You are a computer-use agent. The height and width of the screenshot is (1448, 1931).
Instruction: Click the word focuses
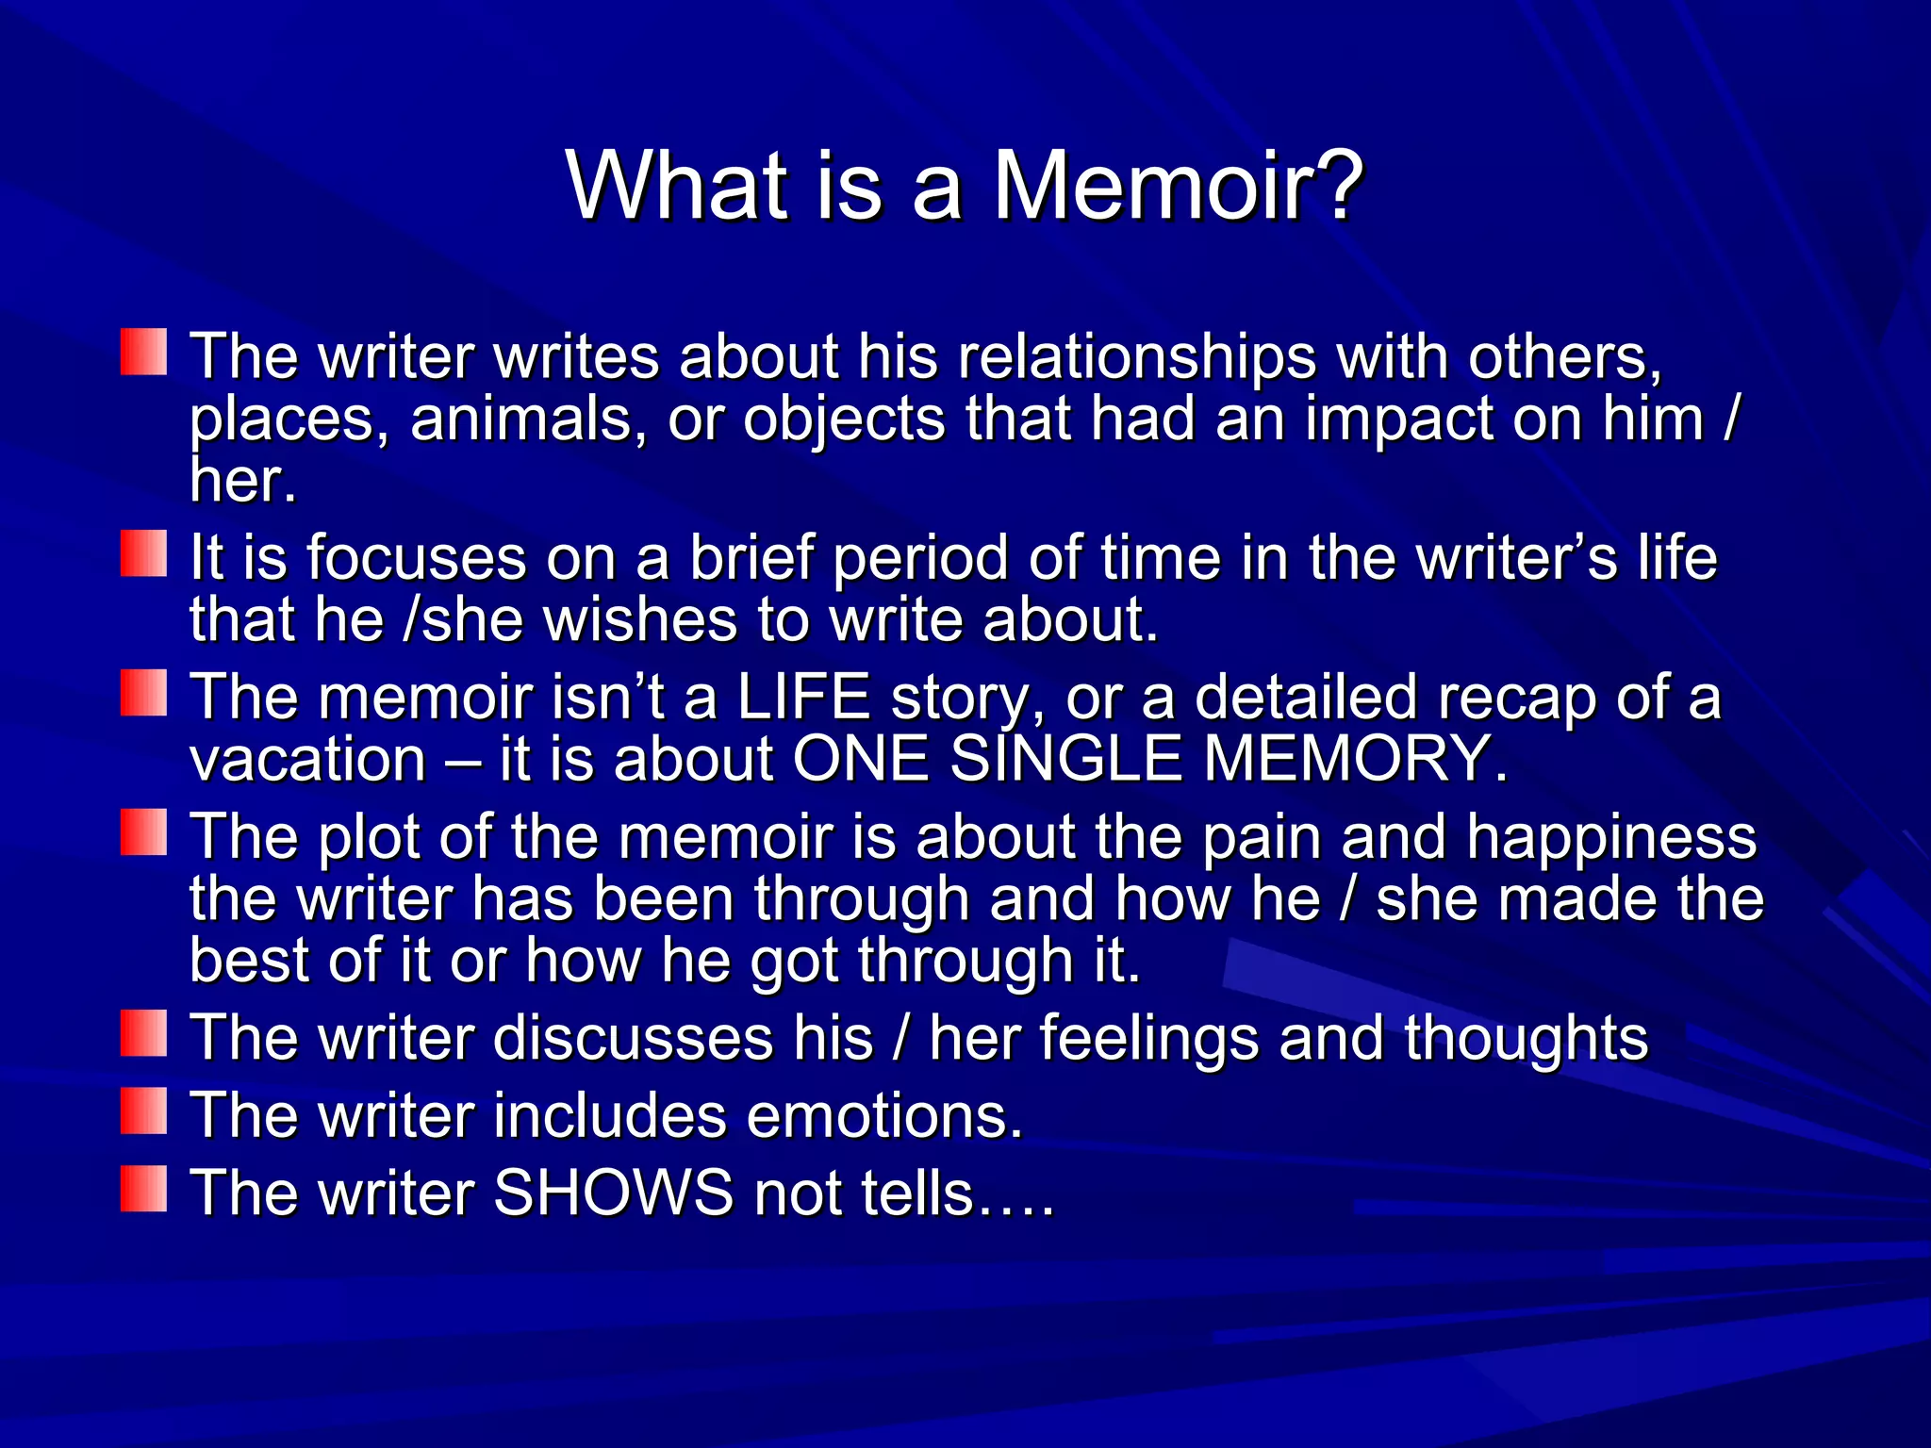click(x=416, y=558)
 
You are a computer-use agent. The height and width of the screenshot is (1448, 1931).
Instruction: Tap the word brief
click(x=751, y=558)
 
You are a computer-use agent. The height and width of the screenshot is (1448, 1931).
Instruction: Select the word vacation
click(x=308, y=760)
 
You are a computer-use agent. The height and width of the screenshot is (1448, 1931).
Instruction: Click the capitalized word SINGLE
click(x=1065, y=760)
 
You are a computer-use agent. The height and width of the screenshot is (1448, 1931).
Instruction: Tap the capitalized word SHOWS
click(x=613, y=1193)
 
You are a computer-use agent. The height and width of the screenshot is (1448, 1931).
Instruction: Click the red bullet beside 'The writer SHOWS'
click(x=143, y=1188)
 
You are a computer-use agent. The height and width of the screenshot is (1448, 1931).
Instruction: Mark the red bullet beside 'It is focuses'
click(x=143, y=552)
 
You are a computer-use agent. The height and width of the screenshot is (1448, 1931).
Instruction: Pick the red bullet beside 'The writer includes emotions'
click(x=143, y=1111)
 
